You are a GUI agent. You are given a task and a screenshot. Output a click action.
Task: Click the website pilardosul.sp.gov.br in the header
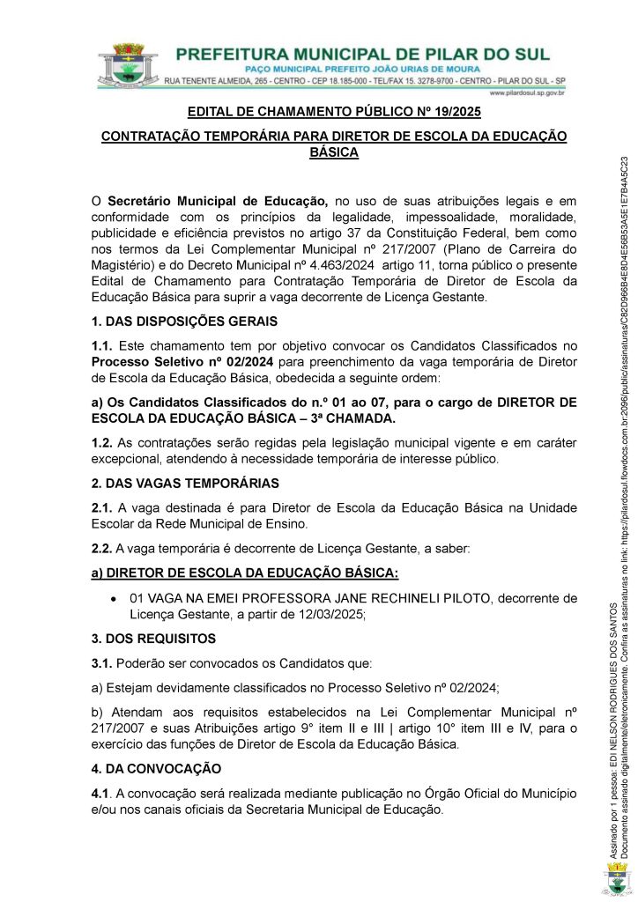[526, 92]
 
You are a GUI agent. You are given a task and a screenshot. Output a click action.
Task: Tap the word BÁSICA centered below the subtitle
[334, 152]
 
